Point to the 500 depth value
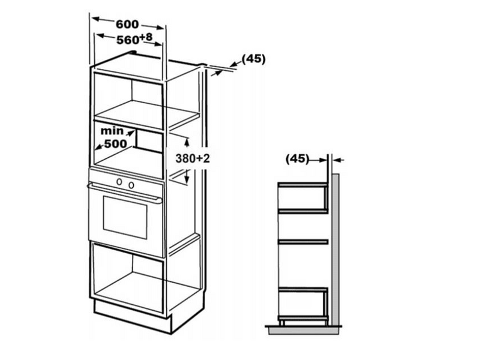click(x=115, y=144)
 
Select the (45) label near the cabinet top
click(x=253, y=59)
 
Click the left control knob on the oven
click(x=119, y=181)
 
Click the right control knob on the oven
click(x=130, y=183)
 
